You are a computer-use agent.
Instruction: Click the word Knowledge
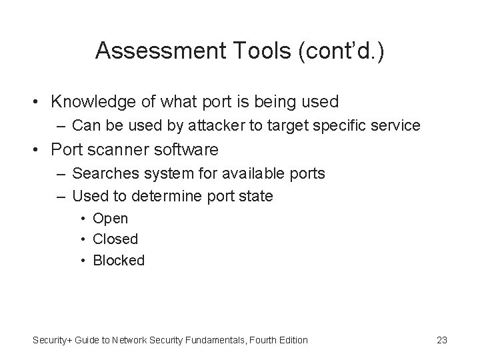94,102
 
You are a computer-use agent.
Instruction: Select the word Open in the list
110,218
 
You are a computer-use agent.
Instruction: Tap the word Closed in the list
115,239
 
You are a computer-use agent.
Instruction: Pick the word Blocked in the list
119,260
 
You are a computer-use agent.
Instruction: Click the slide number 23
441,340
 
